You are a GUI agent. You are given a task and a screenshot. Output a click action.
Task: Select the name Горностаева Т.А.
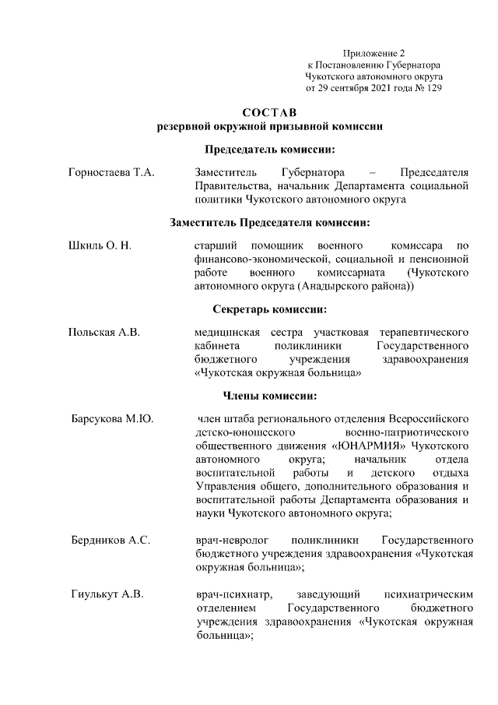coord(112,172)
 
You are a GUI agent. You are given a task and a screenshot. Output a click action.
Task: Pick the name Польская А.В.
coord(106,333)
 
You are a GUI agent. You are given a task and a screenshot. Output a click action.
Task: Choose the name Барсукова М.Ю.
coord(112,420)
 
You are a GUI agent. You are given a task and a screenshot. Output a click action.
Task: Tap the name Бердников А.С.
coord(110,539)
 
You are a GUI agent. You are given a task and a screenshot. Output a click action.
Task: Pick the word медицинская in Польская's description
coord(226,333)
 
